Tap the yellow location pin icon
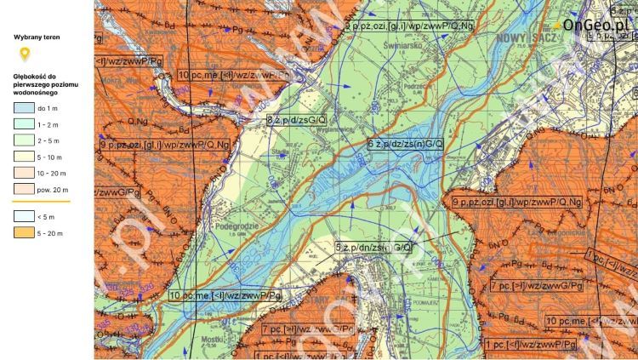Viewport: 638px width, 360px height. pyautogui.click(x=25, y=55)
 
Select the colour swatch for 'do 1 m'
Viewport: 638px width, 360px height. pyautogui.click(x=22, y=108)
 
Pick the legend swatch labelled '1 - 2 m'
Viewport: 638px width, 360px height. pyautogui.click(x=22, y=123)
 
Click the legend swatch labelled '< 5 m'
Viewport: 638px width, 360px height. pyautogui.click(x=22, y=217)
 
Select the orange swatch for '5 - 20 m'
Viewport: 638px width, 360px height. pyautogui.click(x=22, y=232)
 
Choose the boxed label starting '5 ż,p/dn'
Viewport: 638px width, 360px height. pyautogui.click(x=373, y=247)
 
